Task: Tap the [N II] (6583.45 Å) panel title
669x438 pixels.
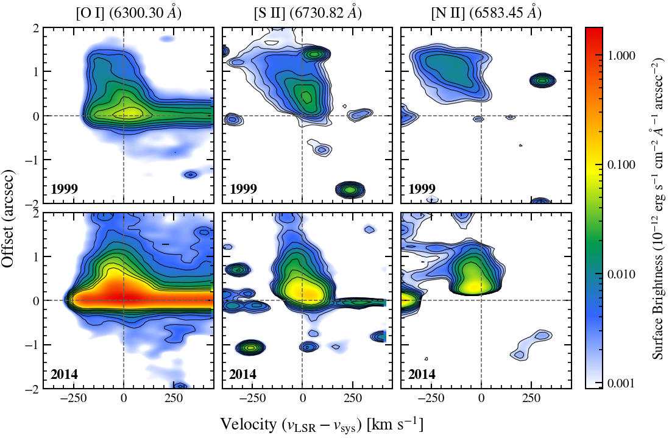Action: pyautogui.click(x=486, y=13)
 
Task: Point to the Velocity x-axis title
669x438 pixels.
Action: pyautogui.click(x=322, y=425)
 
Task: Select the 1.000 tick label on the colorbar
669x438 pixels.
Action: pyautogui.click(x=621, y=56)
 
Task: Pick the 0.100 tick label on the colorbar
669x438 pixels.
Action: pyautogui.click(x=621, y=165)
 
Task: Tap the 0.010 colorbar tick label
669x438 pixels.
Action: pyautogui.click(x=621, y=274)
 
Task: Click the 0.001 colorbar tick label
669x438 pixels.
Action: pyautogui.click(x=621, y=383)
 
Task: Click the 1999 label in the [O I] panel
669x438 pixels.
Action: pyautogui.click(x=65, y=188)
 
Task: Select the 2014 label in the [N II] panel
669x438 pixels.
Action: pyautogui.click(x=422, y=374)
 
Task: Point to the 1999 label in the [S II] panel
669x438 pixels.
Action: pyautogui.click(x=243, y=188)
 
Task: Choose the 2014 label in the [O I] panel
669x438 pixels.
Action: pyautogui.click(x=65, y=374)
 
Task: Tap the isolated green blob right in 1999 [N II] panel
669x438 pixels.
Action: pyautogui.click(x=542, y=80)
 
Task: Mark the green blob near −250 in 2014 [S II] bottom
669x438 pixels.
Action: pyautogui.click(x=250, y=348)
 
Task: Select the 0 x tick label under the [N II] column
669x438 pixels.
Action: pyautogui.click(x=481, y=399)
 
